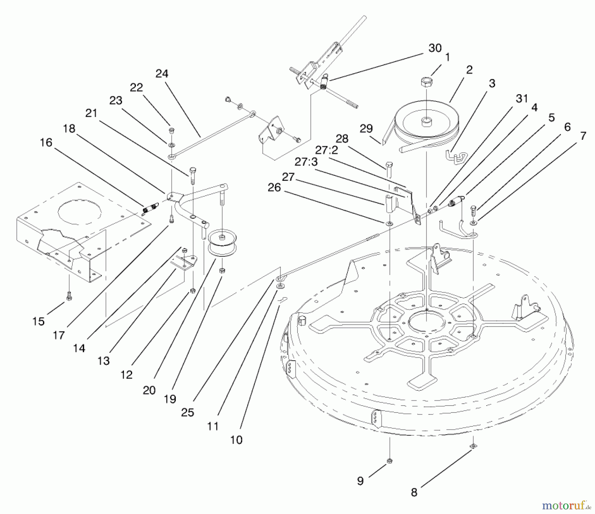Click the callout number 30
click(435, 48)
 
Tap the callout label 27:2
click(326, 150)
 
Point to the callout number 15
click(38, 321)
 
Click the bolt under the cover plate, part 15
click(69, 297)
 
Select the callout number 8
click(414, 493)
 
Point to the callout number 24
click(162, 74)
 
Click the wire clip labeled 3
click(456, 157)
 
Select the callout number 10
click(236, 440)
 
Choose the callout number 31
click(522, 98)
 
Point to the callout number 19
click(170, 399)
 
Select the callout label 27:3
click(306, 162)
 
